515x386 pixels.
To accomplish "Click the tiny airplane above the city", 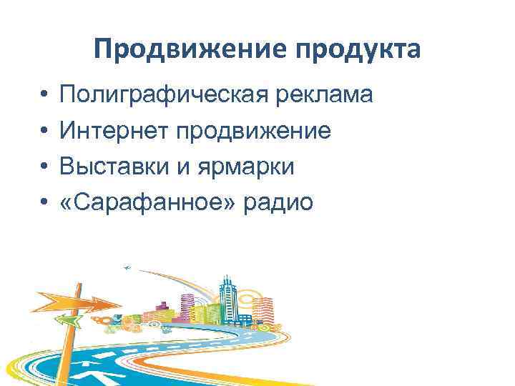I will click(127, 268).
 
